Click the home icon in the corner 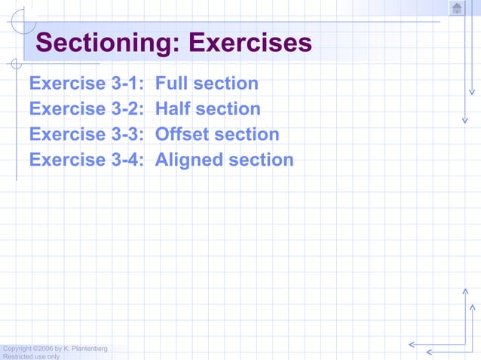click(x=457, y=8)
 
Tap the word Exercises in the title click(x=250, y=43)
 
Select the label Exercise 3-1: click(x=87, y=84)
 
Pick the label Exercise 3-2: click(x=87, y=109)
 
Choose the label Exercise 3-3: click(x=87, y=135)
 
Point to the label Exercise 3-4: click(x=87, y=160)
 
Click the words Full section click(x=207, y=84)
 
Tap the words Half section click(x=207, y=109)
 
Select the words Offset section click(x=217, y=135)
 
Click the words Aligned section click(x=224, y=160)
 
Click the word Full click(x=171, y=84)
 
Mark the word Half click(x=172, y=109)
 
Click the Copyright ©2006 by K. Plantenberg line click(x=54, y=349)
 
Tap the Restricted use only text click(x=32, y=356)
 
